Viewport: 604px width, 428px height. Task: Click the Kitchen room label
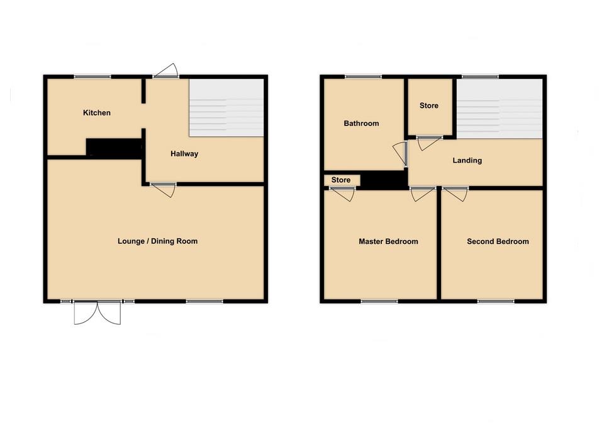tap(97, 113)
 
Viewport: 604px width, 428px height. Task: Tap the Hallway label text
tap(184, 153)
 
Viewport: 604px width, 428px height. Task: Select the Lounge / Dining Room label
tap(157, 241)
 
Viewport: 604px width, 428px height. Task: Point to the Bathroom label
tap(361, 124)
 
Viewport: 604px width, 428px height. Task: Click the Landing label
tap(467, 160)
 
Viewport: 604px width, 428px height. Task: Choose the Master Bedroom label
tap(388, 241)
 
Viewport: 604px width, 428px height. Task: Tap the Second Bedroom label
tap(498, 241)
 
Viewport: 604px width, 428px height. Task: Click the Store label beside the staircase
tap(429, 105)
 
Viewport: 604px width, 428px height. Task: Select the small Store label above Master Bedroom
tap(341, 180)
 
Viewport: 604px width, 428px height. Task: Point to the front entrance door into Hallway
tap(167, 71)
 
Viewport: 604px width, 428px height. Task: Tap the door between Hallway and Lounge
tap(163, 188)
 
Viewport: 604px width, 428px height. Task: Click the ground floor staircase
tap(226, 108)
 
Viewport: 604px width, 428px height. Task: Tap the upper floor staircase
tap(500, 109)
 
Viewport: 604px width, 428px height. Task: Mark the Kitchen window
tap(92, 76)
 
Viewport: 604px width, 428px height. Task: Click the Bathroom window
tap(363, 77)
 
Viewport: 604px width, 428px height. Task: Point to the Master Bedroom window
tap(379, 301)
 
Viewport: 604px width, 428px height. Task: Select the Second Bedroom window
tap(495, 301)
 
